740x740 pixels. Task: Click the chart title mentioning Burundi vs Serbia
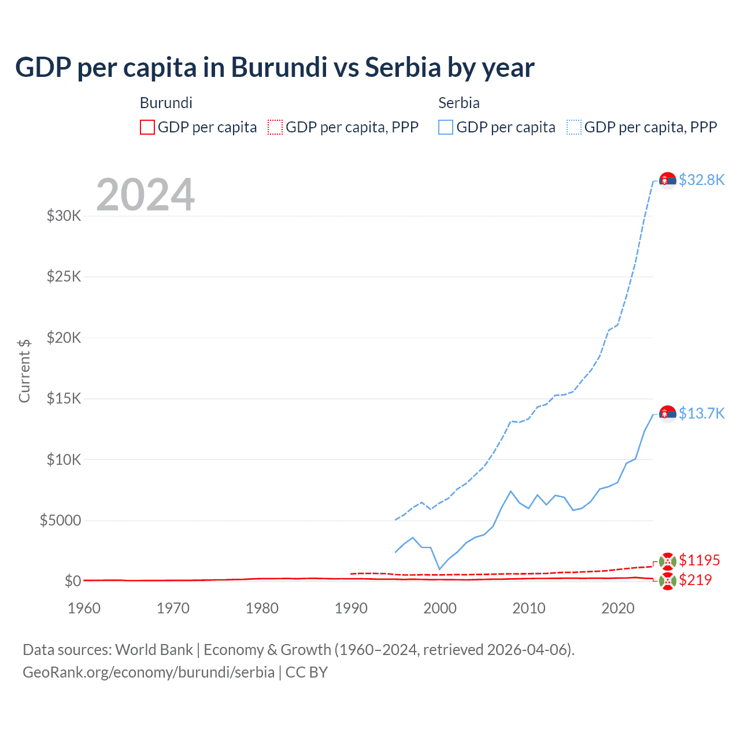275,68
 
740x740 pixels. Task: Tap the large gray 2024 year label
145,195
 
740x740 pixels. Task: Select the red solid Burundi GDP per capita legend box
147,127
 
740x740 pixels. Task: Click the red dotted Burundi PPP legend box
275,127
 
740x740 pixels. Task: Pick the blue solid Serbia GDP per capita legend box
446,127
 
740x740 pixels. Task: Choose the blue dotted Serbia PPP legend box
574,127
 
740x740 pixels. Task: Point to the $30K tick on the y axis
64,216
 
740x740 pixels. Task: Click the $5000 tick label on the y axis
60,521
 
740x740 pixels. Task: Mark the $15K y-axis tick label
64,399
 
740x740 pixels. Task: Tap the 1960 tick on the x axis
84,608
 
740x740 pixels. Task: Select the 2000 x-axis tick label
440,608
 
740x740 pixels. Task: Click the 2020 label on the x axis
618,608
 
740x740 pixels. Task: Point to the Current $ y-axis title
24,371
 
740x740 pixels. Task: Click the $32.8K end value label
701,180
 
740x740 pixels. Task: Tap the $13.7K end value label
701,413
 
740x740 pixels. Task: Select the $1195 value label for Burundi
699,560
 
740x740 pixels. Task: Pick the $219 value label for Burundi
695,580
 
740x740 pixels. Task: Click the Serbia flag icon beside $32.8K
668,181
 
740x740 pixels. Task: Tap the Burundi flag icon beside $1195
668,561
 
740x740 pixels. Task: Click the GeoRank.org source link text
149,672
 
